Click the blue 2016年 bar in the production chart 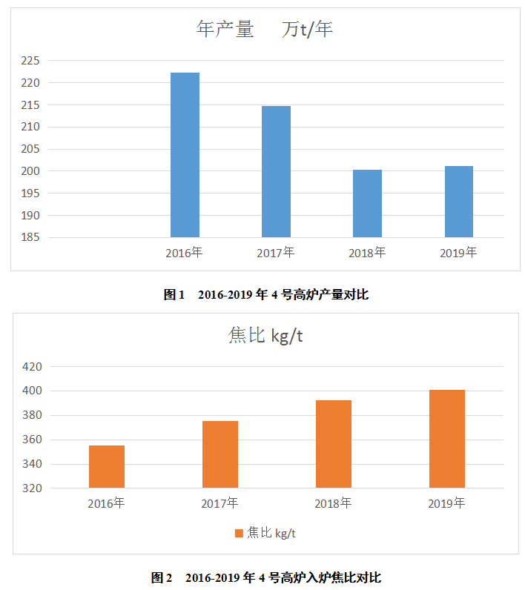tap(185, 155)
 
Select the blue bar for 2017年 tap(276, 171)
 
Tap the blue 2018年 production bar tap(367, 203)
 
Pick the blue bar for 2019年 tap(458, 202)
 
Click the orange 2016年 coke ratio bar tap(107, 466)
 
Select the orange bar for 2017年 tap(220, 454)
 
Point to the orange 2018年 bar tap(334, 444)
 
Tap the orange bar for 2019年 tap(447, 439)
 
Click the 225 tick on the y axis tap(31, 61)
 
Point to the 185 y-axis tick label tap(31, 238)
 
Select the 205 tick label tap(31, 149)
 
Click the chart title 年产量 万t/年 tap(264, 30)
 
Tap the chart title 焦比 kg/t tap(265, 336)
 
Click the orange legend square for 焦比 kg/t tap(239, 534)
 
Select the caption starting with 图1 tap(265, 295)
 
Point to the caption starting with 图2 tap(265, 577)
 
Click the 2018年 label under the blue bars tap(367, 253)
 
